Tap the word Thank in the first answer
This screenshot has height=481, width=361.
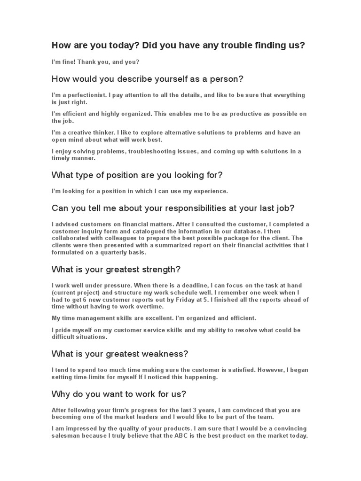[x=89, y=62]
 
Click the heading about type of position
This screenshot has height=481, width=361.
[x=137, y=175]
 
